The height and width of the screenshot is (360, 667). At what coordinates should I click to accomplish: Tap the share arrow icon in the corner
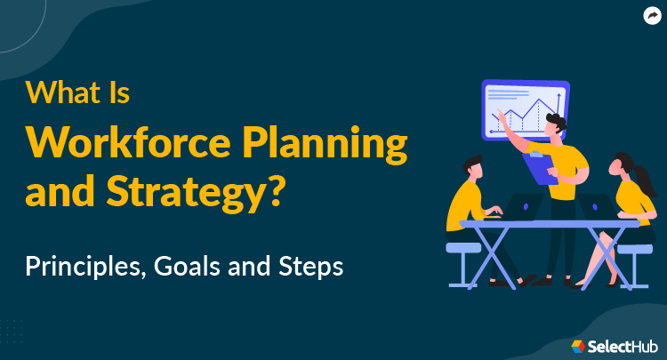click(651, 15)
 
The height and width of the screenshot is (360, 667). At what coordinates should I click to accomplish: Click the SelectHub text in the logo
click(617, 343)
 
